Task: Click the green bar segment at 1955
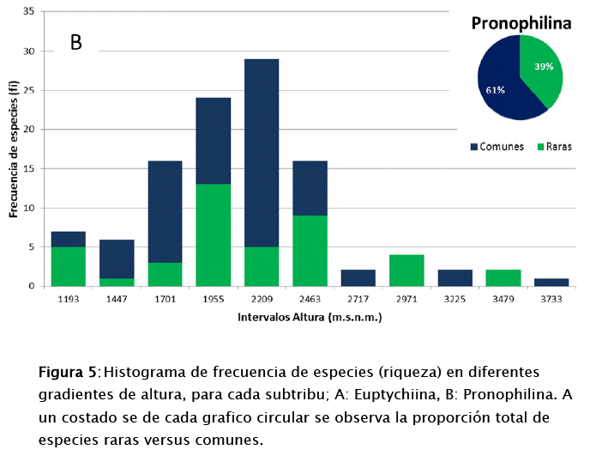point(214,234)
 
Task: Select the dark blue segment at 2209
point(262,152)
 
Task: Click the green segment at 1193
point(69,265)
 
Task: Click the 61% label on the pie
point(495,89)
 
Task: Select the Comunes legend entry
point(497,147)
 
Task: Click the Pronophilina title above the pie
point(521,23)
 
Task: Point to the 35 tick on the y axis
point(29,12)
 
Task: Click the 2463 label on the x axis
point(310,300)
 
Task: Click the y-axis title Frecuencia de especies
point(14,149)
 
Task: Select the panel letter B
point(76,42)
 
